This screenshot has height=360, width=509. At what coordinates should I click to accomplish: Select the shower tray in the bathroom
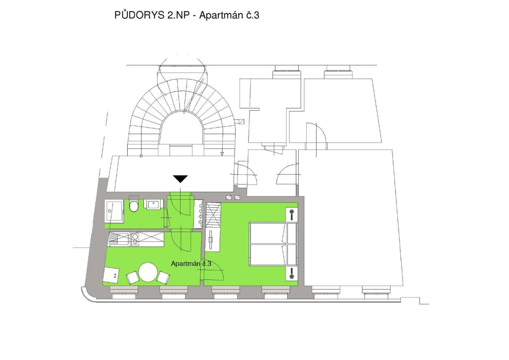(114, 211)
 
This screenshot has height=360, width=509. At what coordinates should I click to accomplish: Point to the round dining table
(148, 272)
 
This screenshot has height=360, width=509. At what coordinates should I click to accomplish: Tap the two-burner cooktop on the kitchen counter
(135, 239)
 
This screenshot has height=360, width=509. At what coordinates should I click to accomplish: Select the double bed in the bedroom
(273, 244)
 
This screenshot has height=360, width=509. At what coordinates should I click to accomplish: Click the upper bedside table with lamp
(292, 214)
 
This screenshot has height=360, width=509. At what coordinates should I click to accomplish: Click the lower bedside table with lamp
(292, 274)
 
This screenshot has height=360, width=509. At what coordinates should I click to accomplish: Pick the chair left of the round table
(132, 278)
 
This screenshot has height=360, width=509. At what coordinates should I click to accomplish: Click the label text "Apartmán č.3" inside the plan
(191, 264)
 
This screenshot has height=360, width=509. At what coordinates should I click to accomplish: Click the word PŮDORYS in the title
(140, 15)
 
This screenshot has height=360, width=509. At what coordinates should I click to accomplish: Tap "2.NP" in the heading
(178, 15)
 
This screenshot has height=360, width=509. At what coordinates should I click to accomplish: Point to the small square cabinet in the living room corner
(111, 275)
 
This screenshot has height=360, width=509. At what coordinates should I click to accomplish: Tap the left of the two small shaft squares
(229, 198)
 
